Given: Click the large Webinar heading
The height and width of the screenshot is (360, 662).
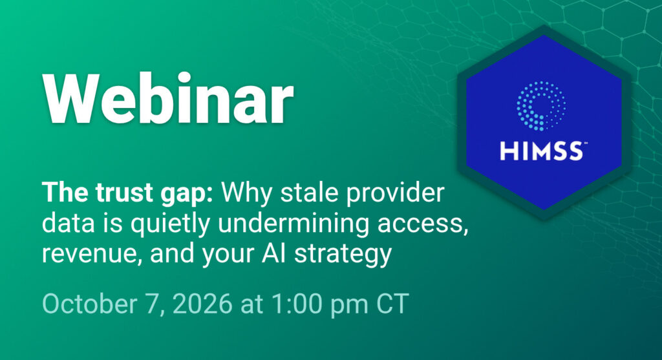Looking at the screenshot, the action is (167, 98).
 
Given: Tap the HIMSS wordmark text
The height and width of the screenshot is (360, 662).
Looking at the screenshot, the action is (541, 151).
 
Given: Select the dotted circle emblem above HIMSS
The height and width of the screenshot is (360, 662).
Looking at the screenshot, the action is (541, 105).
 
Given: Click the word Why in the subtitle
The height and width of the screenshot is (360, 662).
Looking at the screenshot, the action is (246, 193).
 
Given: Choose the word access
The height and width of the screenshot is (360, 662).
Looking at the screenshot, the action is (423, 226).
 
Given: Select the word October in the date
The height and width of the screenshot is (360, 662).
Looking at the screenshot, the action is (89, 303).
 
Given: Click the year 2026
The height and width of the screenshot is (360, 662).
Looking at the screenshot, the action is (202, 303).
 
